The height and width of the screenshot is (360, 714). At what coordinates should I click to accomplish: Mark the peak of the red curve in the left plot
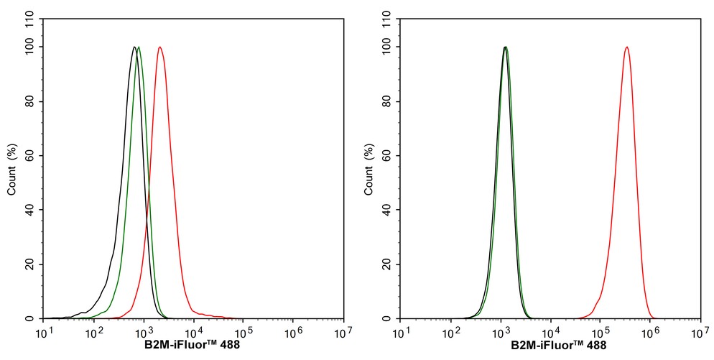(x=159, y=47)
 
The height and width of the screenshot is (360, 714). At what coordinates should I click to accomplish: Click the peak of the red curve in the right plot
(x=627, y=47)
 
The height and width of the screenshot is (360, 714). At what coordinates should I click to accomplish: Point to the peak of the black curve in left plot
(x=134, y=47)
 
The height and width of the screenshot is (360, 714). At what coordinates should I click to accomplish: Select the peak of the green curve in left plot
(x=139, y=47)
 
